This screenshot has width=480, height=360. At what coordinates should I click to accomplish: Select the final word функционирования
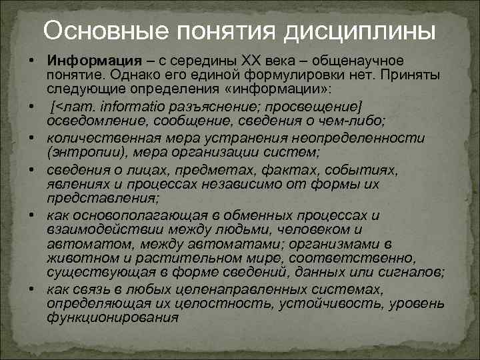coord(113,317)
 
